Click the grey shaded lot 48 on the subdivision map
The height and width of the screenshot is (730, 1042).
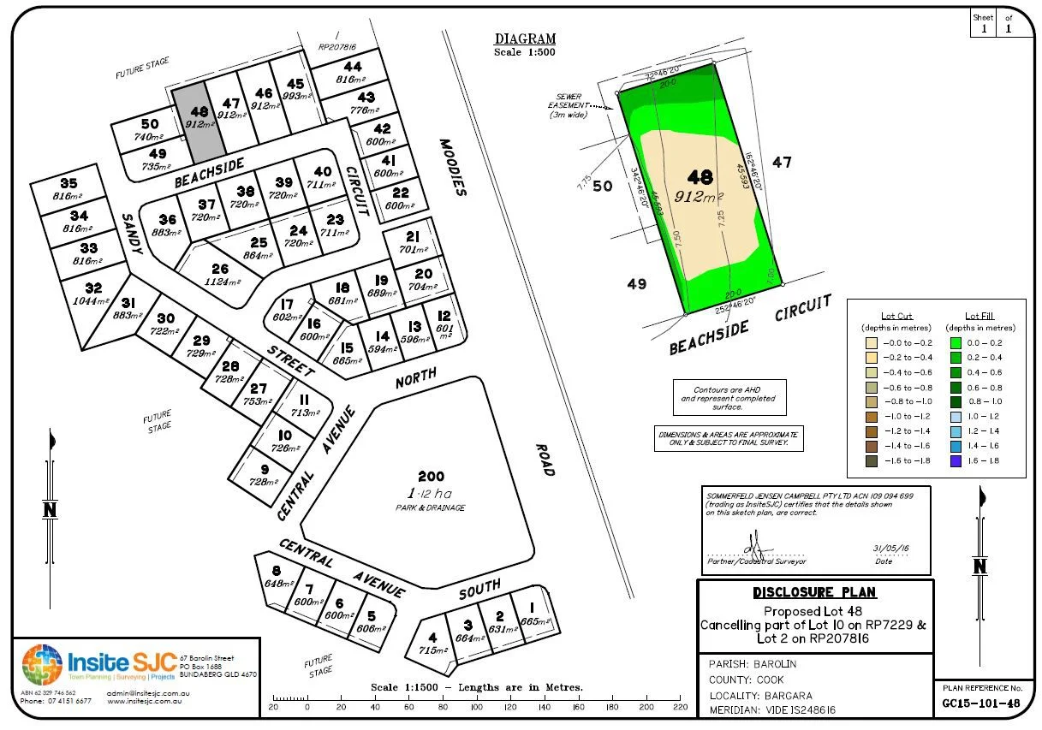(199, 120)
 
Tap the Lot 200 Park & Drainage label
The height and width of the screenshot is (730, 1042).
(431, 491)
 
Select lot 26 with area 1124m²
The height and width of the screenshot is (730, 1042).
(220, 274)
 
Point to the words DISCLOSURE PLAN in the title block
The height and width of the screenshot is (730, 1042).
(814, 592)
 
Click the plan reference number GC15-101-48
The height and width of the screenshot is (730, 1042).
(979, 704)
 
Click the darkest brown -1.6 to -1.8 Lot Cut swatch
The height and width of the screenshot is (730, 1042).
(872, 461)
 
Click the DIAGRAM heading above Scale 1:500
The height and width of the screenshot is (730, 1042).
(525, 39)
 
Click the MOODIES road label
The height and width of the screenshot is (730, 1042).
(453, 167)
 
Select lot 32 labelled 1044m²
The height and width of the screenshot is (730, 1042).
(93, 294)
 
